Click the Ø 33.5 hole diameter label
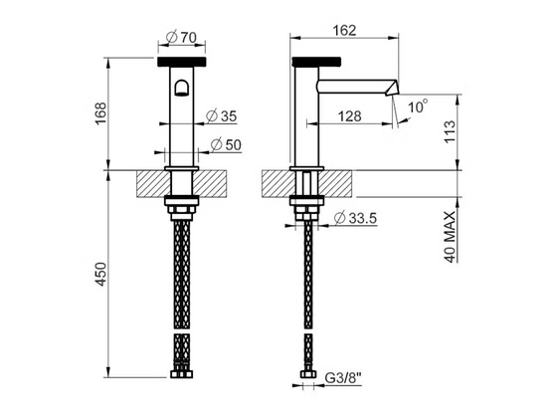(355, 218)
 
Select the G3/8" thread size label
(343, 378)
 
